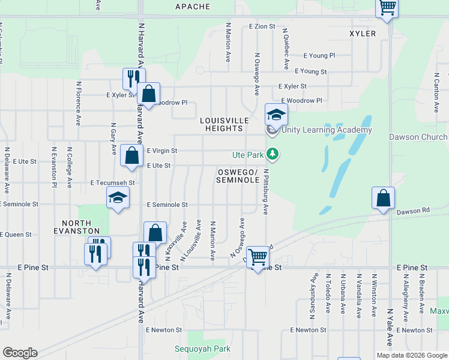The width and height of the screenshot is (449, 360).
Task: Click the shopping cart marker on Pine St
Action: pyautogui.click(x=258, y=257)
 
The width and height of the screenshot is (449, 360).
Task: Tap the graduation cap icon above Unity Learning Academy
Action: pyautogui.click(x=277, y=114)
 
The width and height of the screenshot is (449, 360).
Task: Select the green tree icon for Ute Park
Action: pyautogui.click(x=273, y=155)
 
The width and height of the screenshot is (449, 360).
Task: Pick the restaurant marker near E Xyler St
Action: pyautogui.click(x=133, y=79)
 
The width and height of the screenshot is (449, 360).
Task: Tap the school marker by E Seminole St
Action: pyautogui.click(x=118, y=197)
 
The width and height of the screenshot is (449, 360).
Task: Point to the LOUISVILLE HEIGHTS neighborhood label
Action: pyautogui.click(x=224, y=124)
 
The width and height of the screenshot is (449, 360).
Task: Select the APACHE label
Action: pyautogui.click(x=193, y=7)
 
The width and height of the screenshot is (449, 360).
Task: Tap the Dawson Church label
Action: pyautogui.click(x=418, y=137)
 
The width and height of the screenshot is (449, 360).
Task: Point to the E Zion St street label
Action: pyautogui.click(x=262, y=27)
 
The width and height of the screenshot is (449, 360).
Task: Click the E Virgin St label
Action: pyautogui.click(x=162, y=151)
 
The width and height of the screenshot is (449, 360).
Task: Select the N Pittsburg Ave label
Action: pyautogui.click(x=265, y=191)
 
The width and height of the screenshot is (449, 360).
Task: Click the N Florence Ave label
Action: pyautogui.click(x=78, y=104)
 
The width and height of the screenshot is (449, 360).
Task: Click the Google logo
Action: pyautogui.click(x=20, y=353)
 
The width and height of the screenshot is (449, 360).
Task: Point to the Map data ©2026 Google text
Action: pyautogui.click(x=411, y=355)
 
